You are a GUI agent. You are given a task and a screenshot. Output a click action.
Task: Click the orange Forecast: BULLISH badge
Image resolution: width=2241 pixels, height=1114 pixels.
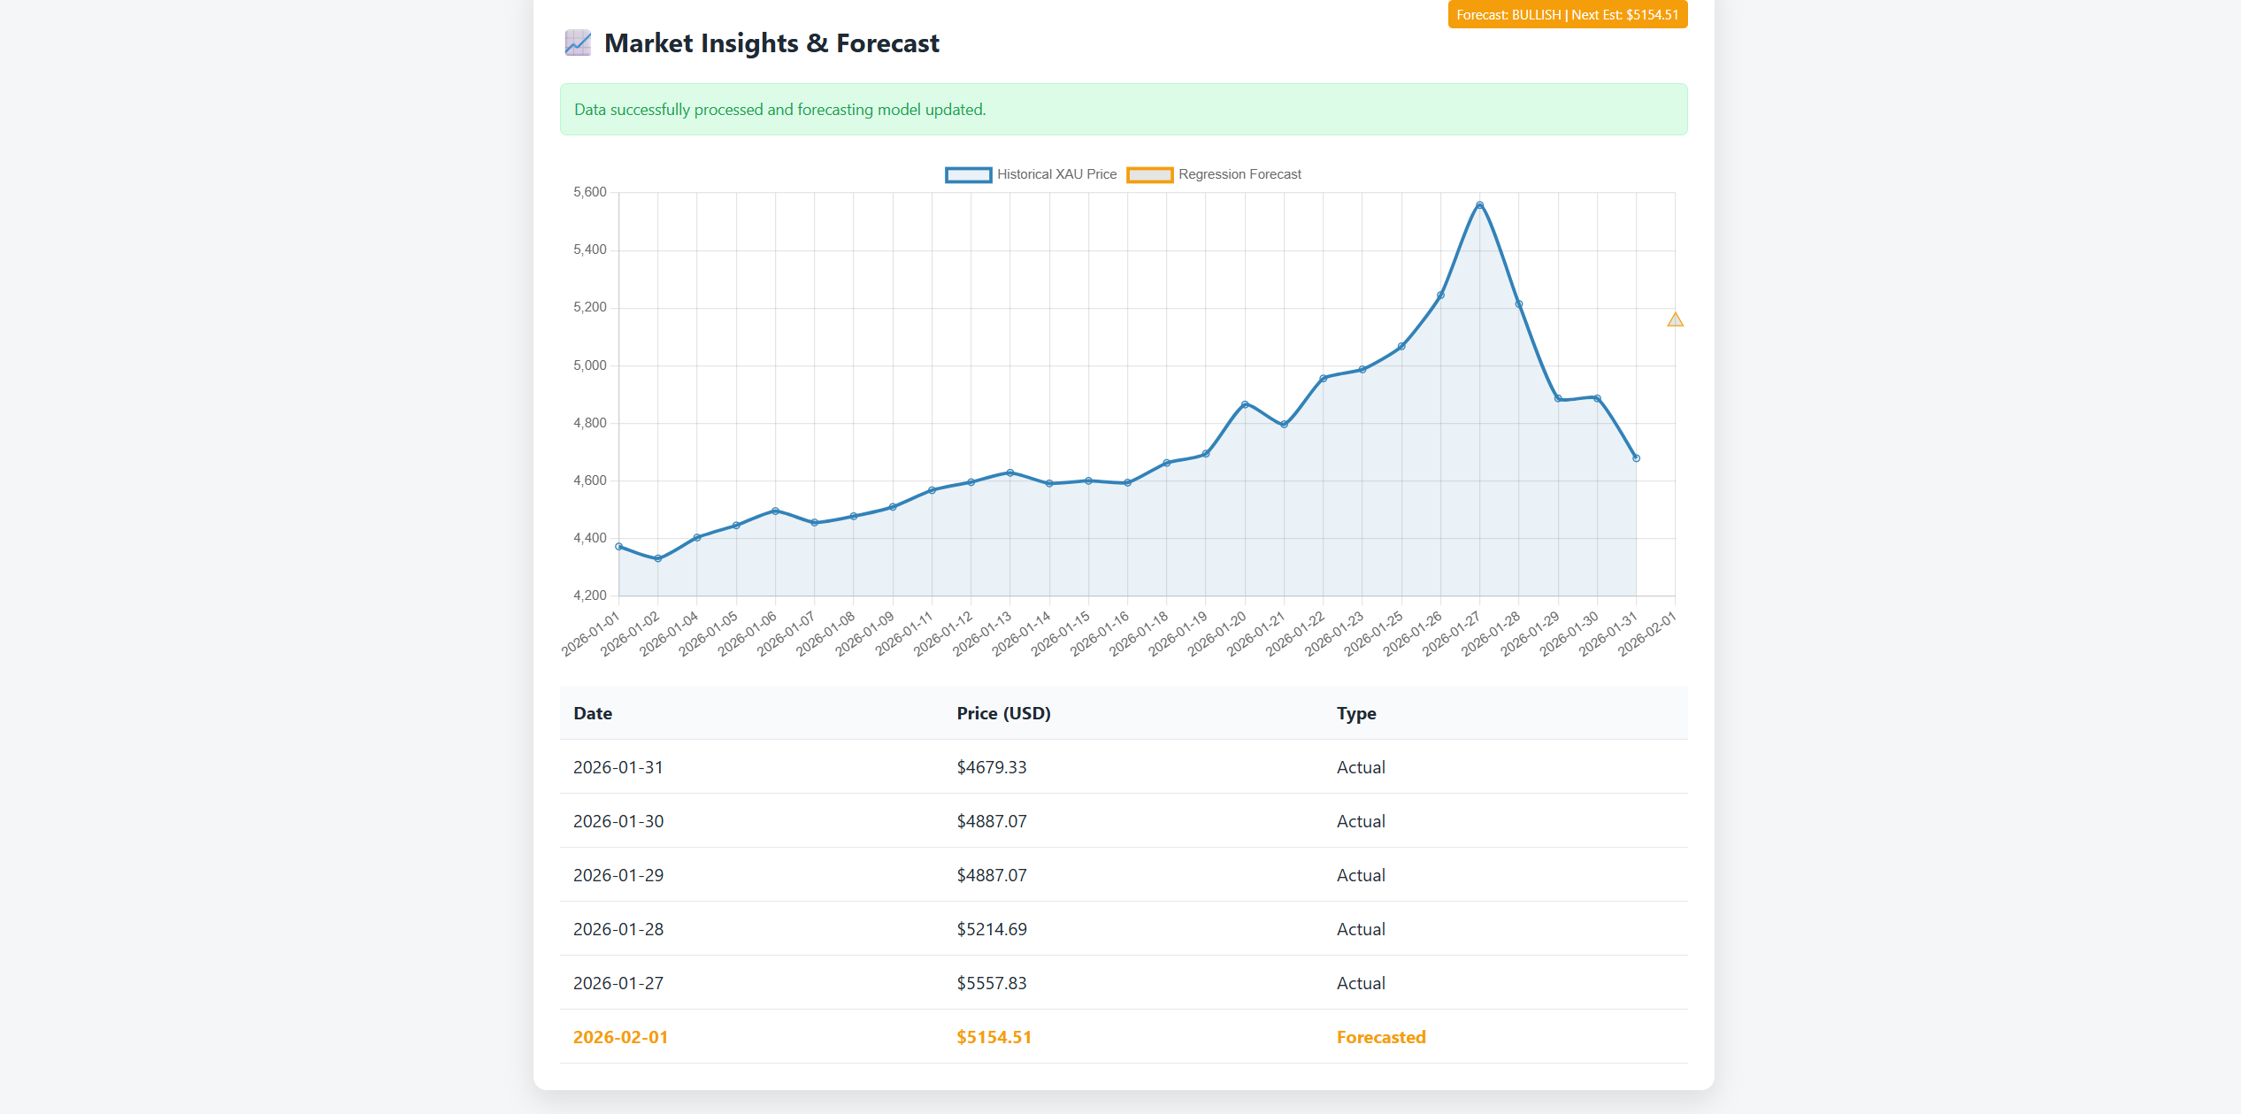click(x=1567, y=15)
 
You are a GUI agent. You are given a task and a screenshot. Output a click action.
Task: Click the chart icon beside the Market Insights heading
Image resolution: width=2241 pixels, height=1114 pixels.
click(x=578, y=42)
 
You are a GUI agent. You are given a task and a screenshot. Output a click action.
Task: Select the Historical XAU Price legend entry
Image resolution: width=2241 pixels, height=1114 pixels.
click(x=1031, y=174)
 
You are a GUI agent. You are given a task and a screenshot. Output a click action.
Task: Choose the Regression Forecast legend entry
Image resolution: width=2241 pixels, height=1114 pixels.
click(x=1214, y=174)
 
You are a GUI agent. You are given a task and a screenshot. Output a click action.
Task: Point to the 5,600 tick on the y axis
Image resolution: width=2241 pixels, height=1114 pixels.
click(x=590, y=192)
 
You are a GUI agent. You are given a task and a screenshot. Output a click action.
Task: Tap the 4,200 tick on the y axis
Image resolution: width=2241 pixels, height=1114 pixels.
click(x=590, y=595)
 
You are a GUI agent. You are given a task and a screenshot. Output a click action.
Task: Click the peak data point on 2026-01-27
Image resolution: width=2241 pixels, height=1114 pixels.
click(x=1479, y=205)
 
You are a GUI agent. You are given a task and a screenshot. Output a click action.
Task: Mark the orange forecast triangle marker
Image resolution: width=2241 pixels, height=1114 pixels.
click(x=1675, y=319)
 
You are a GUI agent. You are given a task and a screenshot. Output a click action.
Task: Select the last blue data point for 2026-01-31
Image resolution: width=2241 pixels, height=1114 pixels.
click(x=1636, y=458)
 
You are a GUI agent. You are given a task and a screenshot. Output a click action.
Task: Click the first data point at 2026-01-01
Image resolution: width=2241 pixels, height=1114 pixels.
click(x=619, y=547)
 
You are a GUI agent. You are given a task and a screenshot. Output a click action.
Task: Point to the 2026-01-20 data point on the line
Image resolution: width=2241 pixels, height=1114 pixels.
click(x=1245, y=404)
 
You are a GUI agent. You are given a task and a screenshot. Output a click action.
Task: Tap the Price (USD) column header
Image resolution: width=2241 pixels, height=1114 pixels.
click(x=1003, y=713)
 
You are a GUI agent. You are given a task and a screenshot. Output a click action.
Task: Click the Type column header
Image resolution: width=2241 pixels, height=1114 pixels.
click(x=1356, y=713)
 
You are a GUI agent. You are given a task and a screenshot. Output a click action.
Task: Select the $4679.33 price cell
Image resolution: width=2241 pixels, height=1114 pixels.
click(x=992, y=767)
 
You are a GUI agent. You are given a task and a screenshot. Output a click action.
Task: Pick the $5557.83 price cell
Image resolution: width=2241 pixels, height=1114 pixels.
click(x=992, y=983)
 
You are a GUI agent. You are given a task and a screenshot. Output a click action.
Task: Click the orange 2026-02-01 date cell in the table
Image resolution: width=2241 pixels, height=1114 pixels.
click(x=621, y=1037)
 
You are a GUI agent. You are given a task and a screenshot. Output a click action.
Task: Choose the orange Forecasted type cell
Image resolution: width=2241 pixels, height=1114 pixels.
click(x=1381, y=1037)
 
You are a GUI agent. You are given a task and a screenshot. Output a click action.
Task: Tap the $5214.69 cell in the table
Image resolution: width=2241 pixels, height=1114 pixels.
click(x=992, y=929)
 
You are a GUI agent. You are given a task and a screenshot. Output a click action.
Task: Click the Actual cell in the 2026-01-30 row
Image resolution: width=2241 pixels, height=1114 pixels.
click(x=1361, y=821)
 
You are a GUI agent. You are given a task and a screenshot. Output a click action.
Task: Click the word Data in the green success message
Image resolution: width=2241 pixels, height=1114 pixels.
click(x=590, y=110)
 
